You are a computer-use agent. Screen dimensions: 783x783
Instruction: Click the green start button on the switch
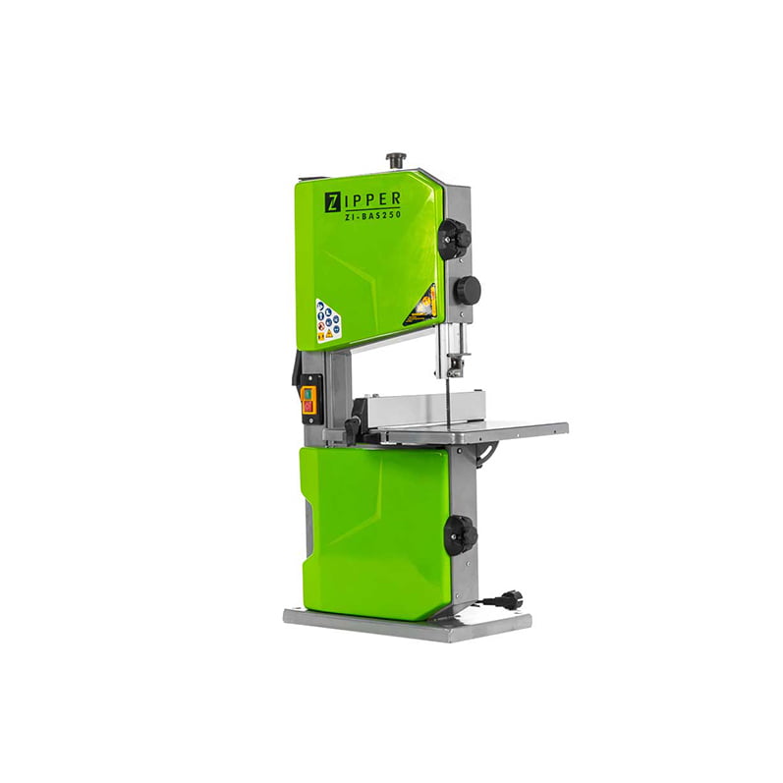tap(308, 394)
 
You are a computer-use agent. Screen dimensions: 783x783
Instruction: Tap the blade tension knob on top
tap(396, 160)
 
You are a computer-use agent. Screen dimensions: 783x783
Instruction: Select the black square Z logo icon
tap(331, 202)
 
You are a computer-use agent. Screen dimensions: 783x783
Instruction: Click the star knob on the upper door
tap(455, 238)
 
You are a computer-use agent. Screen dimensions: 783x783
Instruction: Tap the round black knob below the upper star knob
tap(468, 289)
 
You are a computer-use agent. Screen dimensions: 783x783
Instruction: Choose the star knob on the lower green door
tap(461, 534)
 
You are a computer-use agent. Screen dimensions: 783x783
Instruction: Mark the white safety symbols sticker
tap(328, 320)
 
